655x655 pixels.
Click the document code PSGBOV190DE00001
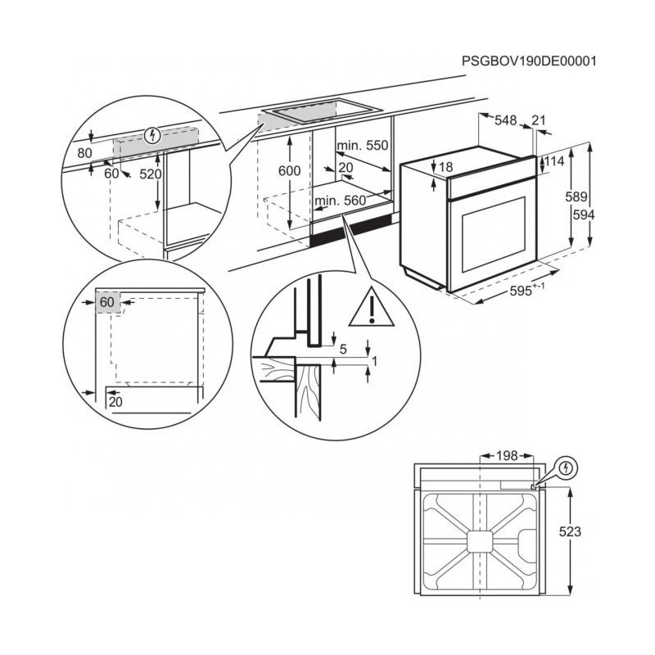[x=528, y=61]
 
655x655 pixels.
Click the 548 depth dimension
[x=506, y=121]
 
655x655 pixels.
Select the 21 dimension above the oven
[x=539, y=121]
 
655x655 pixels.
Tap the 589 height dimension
[x=578, y=197]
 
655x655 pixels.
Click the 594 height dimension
[x=606, y=215]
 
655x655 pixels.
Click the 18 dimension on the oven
[x=445, y=168]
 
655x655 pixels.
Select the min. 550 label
[x=362, y=146]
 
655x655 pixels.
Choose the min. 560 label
[x=339, y=201]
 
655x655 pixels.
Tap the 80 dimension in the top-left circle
[x=84, y=152]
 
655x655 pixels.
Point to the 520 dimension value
[x=151, y=174]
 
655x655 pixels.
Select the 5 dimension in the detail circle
[x=343, y=350]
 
